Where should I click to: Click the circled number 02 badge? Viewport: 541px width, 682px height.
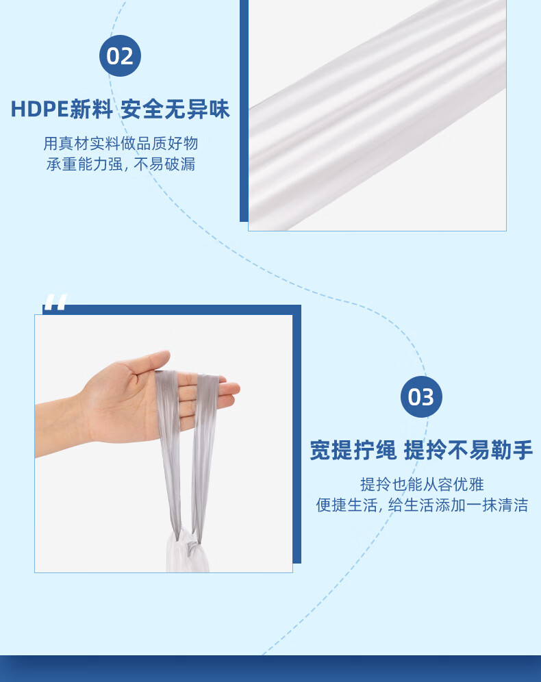click(x=120, y=56)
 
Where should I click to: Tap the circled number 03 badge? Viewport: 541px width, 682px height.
click(x=421, y=397)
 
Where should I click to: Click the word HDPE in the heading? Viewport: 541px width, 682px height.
click(x=40, y=109)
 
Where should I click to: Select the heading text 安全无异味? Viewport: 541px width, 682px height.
click(x=175, y=109)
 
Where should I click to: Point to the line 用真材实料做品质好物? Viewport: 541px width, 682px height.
click(x=121, y=143)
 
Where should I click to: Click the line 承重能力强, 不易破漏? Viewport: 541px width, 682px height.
click(x=121, y=164)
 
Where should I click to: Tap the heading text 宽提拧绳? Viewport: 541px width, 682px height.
click(x=353, y=450)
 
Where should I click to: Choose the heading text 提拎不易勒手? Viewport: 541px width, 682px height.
click(x=468, y=450)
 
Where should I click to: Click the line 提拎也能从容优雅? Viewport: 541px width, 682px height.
click(x=422, y=484)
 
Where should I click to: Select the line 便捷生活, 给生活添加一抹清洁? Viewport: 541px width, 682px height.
click(x=422, y=505)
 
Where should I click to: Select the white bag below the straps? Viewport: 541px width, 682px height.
click(x=188, y=553)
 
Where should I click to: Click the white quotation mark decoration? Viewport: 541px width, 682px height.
click(x=56, y=302)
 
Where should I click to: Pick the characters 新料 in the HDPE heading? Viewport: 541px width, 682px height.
click(x=91, y=109)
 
